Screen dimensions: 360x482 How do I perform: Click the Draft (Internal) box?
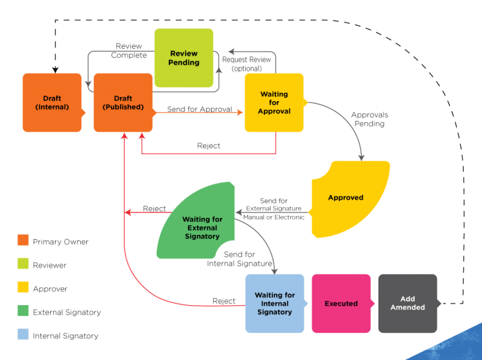click(x=52, y=102)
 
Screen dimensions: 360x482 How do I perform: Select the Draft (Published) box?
click(x=123, y=102)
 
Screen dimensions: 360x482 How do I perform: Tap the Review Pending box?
click(x=184, y=58)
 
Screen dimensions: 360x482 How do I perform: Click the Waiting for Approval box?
click(x=274, y=102)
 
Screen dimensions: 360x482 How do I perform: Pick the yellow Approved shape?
click(x=349, y=199)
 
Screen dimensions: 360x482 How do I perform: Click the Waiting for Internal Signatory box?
click(x=275, y=303)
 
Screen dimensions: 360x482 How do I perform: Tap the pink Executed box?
click(x=341, y=303)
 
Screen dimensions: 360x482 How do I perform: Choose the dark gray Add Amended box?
click(x=408, y=303)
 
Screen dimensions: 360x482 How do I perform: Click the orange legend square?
click(x=23, y=240)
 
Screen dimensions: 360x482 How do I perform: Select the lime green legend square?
click(x=23, y=264)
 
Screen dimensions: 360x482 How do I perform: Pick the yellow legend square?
click(x=23, y=287)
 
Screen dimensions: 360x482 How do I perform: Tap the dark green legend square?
click(x=23, y=311)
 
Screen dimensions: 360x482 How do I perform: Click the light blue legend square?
click(x=23, y=334)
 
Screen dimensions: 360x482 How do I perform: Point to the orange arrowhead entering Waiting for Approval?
click(x=240, y=112)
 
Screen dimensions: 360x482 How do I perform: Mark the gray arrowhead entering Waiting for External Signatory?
click(x=239, y=213)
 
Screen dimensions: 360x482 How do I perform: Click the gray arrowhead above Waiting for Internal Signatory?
click(x=275, y=270)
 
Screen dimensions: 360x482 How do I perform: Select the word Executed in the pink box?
click(x=341, y=303)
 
